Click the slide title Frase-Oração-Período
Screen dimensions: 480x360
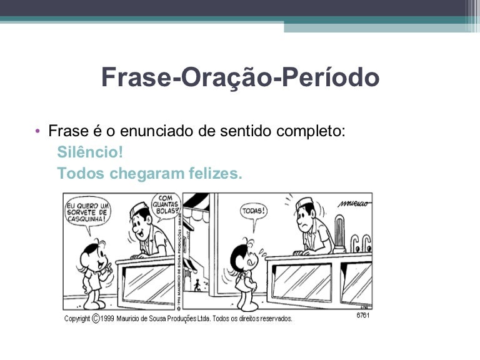click(240, 77)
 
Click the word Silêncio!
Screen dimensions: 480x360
click(90, 152)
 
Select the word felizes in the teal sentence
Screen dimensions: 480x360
click(216, 173)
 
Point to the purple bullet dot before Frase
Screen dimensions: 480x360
click(37, 131)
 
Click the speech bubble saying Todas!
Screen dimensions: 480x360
click(254, 211)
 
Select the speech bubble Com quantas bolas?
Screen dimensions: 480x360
click(166, 205)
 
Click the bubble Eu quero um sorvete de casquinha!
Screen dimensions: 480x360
click(88, 212)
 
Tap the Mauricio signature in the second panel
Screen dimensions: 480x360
click(354, 204)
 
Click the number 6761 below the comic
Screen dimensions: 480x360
click(363, 315)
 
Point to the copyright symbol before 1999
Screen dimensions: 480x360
click(96, 319)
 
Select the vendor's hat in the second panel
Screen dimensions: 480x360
click(304, 203)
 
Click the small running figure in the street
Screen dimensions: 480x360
click(197, 285)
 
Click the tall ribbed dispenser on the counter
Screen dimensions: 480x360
click(339, 234)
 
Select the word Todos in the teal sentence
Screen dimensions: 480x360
click(81, 173)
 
